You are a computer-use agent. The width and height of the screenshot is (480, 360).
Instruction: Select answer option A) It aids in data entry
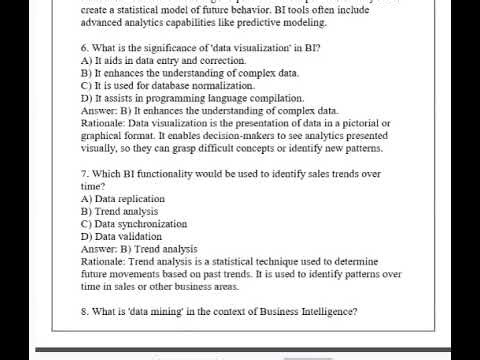click(163, 61)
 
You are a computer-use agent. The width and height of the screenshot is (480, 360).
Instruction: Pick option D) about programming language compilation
click(192, 98)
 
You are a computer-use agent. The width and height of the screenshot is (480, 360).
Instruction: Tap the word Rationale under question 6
click(103, 123)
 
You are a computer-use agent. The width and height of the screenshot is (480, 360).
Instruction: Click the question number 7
click(84, 174)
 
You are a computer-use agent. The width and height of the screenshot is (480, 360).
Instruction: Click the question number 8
click(84, 311)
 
